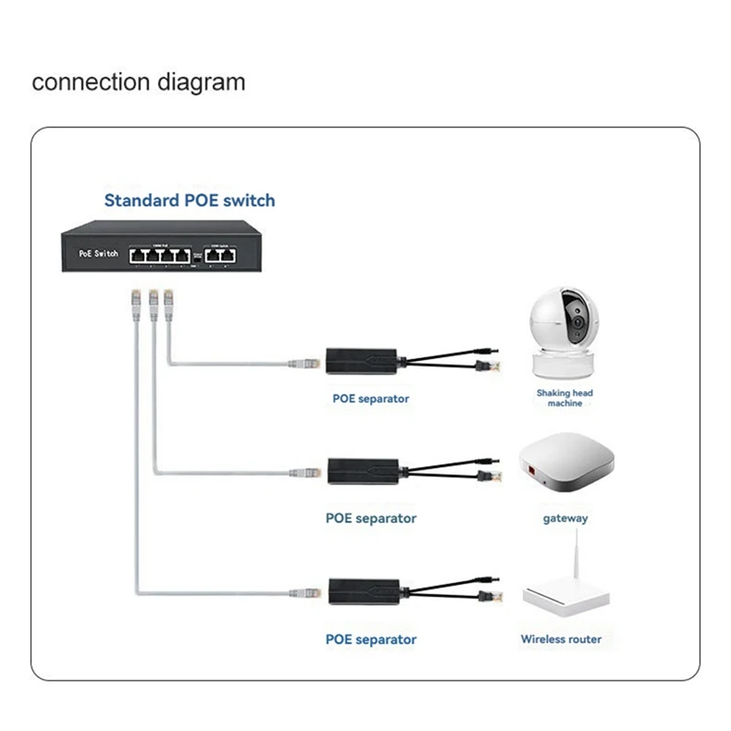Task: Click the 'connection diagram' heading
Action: click(x=139, y=82)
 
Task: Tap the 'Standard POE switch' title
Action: click(x=189, y=200)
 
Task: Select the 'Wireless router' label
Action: click(x=561, y=639)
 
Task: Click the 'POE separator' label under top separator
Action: click(x=371, y=398)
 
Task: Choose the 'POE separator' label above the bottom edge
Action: click(x=371, y=639)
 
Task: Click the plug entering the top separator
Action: click(x=305, y=364)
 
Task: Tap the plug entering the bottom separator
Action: click(x=305, y=592)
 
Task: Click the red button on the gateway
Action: click(x=529, y=473)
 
